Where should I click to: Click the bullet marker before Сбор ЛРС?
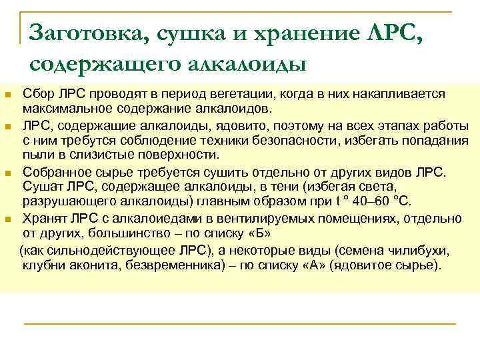click(x=8, y=95)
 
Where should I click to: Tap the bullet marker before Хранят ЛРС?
click(x=8, y=219)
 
